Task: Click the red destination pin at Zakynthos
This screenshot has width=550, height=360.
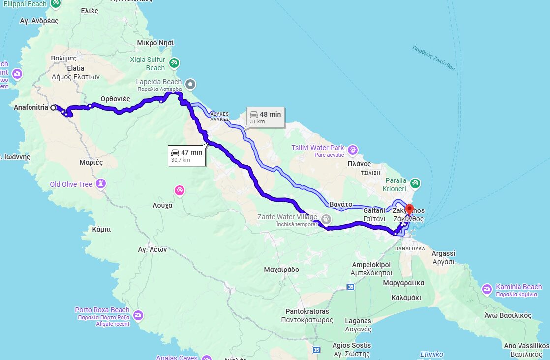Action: coord(409,209)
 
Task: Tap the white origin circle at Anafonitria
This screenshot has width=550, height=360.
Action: coord(53,107)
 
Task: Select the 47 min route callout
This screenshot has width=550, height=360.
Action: coord(186,155)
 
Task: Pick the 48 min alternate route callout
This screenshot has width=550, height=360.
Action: coord(265,117)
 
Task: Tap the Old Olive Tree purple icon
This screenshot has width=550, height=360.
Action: coord(101,184)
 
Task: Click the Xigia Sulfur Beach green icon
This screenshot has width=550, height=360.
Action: coord(174,63)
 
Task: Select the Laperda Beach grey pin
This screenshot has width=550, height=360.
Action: coord(190,84)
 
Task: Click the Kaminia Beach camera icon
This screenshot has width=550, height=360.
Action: coord(487,289)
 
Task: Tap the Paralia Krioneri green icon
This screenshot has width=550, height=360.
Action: coord(415,183)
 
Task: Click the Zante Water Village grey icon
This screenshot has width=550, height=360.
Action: coord(326,219)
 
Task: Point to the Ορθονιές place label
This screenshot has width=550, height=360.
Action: coord(115,99)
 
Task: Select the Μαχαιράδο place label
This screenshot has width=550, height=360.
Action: coord(281,270)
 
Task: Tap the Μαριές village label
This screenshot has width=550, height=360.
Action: coord(91,162)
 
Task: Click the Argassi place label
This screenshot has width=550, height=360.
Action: coord(443,253)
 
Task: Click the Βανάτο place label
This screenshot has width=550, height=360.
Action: coord(340,204)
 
